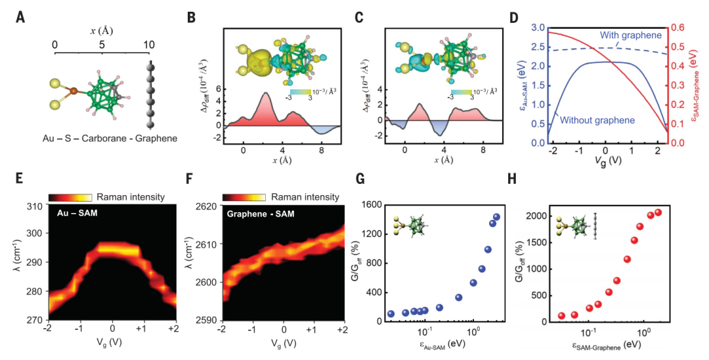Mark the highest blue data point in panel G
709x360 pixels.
tap(496, 217)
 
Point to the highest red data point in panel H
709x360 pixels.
tap(658, 212)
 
